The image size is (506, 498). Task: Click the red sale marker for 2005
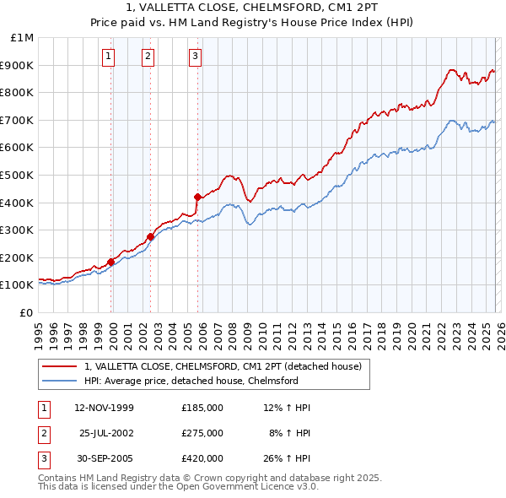pos(197,197)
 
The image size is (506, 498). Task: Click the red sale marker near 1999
pos(111,262)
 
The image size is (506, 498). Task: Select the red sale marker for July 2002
pos(151,237)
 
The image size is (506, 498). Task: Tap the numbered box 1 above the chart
pos(109,57)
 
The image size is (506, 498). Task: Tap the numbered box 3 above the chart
pos(195,57)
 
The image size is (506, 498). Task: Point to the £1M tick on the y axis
pos(23,38)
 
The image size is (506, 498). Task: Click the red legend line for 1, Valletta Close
pos(59,366)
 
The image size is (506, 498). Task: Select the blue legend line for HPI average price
pos(59,381)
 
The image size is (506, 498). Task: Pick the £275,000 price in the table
pos(202,433)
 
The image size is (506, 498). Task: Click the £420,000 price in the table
pos(202,458)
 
